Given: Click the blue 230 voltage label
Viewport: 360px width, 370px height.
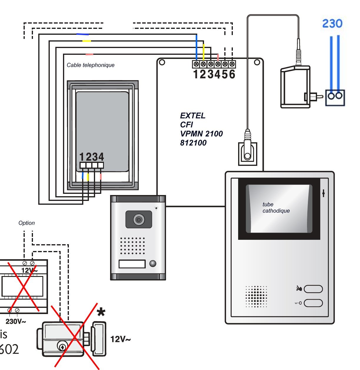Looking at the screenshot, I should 332,23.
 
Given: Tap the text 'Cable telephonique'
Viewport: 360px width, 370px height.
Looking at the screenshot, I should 90,65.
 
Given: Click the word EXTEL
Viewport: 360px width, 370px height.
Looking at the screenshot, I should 193,115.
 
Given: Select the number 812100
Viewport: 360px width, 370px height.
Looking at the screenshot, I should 193,143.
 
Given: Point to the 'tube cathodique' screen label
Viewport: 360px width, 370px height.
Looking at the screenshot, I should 276,207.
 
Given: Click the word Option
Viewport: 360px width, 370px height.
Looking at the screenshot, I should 26,223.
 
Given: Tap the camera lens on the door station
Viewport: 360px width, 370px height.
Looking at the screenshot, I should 138,220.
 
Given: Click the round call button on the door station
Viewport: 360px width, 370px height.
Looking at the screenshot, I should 152,263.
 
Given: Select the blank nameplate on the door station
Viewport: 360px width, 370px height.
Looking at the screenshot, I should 132,264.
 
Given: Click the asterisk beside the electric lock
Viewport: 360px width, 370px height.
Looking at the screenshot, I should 101,312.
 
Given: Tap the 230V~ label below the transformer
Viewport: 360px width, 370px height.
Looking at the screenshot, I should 16,321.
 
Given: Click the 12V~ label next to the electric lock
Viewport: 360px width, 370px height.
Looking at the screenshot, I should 120,339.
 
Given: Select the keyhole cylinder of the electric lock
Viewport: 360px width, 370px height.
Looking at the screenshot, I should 62,346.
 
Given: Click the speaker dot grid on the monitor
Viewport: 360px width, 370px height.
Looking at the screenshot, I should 256,296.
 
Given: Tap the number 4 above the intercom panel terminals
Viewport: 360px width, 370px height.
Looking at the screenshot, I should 101,157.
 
